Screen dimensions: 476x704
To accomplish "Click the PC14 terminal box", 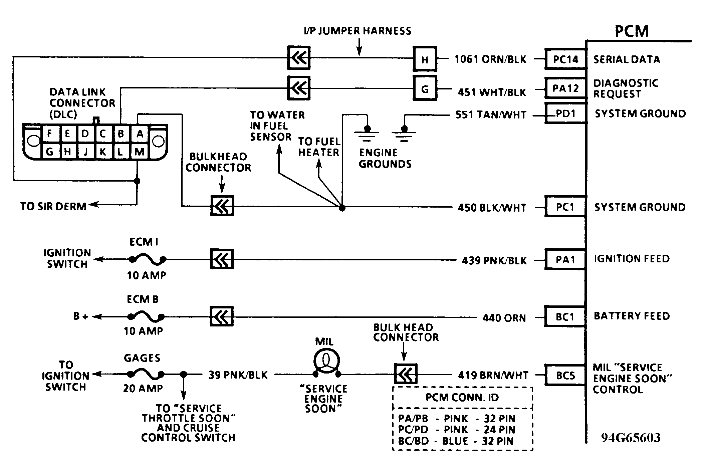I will tap(565, 59).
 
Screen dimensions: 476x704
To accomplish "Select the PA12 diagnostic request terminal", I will tap(565, 88).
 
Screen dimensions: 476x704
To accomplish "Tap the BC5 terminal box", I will tap(565, 376).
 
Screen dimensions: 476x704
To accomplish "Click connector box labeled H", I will tap(425, 59).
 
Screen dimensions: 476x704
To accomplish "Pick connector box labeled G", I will tap(425, 89).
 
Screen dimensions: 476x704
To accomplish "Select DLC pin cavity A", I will tap(140, 134).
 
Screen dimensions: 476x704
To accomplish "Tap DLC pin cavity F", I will tap(49, 134).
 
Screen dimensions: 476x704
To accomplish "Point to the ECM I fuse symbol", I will tap(147, 259).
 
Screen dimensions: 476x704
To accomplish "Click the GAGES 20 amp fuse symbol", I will tap(146, 375).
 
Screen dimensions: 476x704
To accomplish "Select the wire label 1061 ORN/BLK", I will tap(490, 59).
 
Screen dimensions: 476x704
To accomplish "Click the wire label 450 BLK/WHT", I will tap(492, 208).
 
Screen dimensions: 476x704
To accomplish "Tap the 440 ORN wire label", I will tap(504, 318).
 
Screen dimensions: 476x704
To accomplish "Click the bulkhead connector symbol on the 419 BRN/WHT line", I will tap(406, 374).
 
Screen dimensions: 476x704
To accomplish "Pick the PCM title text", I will tap(632, 31).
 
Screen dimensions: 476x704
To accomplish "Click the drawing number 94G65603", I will tap(631, 438).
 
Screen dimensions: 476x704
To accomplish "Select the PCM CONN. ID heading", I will tap(462, 398).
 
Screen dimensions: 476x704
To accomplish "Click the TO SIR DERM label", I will tap(53, 206).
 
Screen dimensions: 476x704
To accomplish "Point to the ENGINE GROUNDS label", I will tap(385, 158).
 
